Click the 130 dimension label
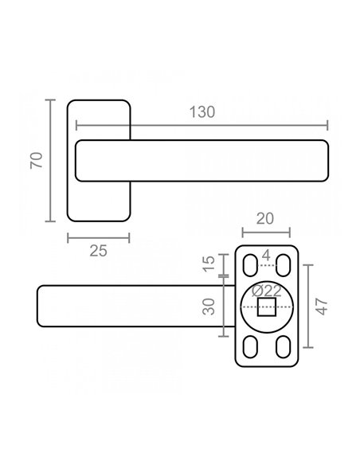click(x=202, y=112)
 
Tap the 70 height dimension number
click(x=37, y=160)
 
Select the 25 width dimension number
click(x=98, y=251)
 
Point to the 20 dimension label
click(x=264, y=219)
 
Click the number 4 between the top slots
click(x=266, y=256)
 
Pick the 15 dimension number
click(x=209, y=264)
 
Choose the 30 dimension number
click(x=209, y=307)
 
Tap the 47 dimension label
click(x=322, y=307)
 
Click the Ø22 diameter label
click(x=266, y=291)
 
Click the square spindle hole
click(x=267, y=307)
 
